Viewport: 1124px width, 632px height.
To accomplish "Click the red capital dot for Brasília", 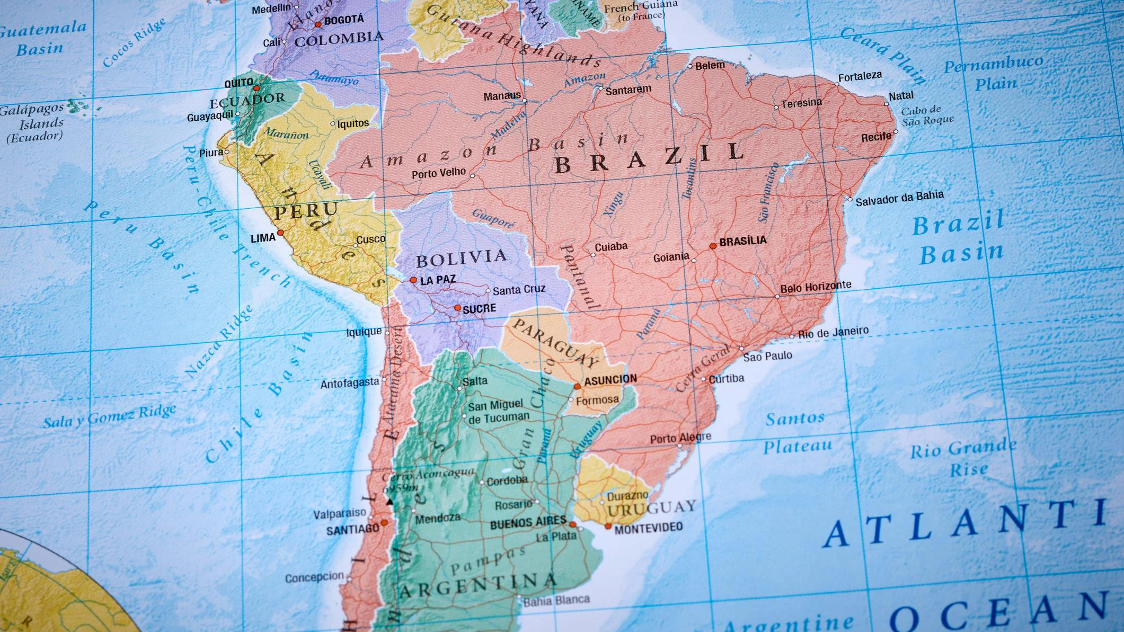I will point(713,246).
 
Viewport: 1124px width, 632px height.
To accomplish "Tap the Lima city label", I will point(263,238).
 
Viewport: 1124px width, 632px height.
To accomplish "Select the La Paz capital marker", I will point(413,280).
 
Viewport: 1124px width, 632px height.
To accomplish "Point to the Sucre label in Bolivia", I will point(479,309).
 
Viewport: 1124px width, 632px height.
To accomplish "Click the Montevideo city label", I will point(648,528).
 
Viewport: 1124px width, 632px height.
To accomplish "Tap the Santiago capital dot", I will point(384,522).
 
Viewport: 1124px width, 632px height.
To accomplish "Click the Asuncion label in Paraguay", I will point(610,380).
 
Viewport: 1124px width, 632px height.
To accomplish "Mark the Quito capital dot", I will point(256,88).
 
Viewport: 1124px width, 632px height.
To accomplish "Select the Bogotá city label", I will point(344,20).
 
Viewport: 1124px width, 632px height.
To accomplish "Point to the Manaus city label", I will point(502,96).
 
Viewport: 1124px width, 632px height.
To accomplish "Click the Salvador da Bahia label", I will point(899,198).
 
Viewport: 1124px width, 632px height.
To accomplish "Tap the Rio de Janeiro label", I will point(833,333).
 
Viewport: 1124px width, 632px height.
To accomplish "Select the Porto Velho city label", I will point(439,173).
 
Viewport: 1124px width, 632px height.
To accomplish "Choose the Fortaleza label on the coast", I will point(860,76).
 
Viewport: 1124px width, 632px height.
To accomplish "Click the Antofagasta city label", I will point(350,383).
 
